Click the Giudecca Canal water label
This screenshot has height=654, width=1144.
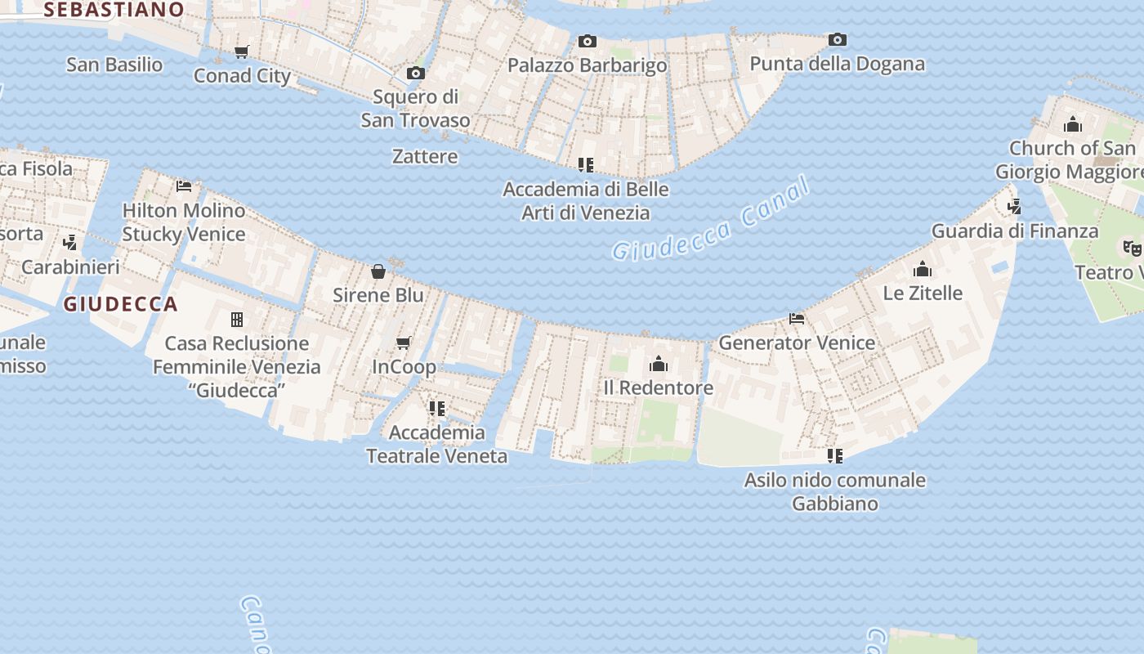tap(710, 219)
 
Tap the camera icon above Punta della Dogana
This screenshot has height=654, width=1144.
tap(837, 39)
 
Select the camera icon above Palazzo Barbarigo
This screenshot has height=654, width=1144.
tap(587, 41)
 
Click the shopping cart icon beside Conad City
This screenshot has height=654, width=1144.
tap(241, 52)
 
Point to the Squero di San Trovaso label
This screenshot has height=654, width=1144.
tap(415, 108)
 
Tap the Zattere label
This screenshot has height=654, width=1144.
tap(425, 156)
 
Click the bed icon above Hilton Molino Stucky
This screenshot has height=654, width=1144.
tap(184, 186)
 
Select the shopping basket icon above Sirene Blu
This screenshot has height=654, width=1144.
tap(378, 271)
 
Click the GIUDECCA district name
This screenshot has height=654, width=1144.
tap(120, 304)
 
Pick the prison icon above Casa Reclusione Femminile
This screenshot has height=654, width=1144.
tap(237, 319)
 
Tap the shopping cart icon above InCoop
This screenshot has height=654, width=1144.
tap(404, 343)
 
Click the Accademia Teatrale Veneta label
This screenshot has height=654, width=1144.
tap(436, 444)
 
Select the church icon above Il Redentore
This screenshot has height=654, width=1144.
tap(659, 364)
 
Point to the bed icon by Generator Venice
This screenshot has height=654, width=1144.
tap(797, 318)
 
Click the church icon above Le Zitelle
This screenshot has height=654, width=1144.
tap(923, 269)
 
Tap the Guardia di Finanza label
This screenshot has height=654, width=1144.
tap(1015, 231)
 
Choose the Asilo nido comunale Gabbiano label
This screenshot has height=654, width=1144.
tap(834, 491)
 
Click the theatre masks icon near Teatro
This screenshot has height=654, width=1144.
tap(1132, 247)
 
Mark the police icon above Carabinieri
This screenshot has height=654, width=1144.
tap(70, 243)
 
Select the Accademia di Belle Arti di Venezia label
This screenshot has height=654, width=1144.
tap(586, 201)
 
